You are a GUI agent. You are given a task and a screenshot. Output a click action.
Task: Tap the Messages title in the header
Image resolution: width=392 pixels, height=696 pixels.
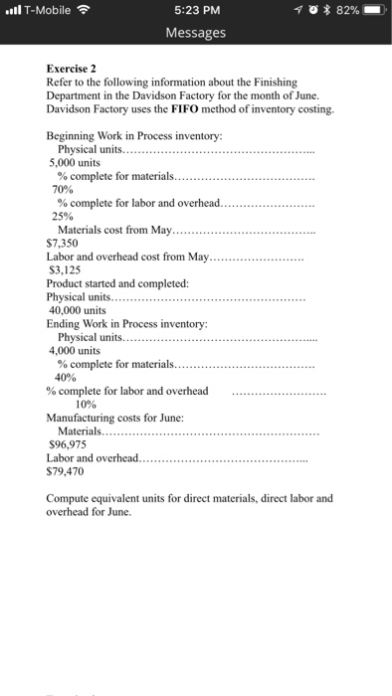click(x=196, y=33)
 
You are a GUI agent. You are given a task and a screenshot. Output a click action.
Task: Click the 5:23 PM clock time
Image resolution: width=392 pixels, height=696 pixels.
click(x=196, y=11)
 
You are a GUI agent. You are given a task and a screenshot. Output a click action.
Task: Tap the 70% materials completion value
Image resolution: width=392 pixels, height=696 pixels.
click(x=63, y=187)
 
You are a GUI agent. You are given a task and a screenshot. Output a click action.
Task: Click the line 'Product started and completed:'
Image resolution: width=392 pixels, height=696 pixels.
click(x=110, y=282)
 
